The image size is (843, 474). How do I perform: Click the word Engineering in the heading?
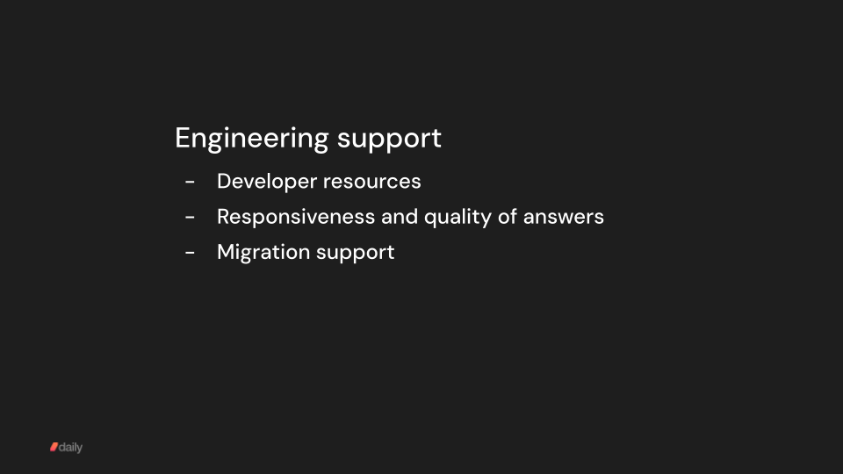(x=251, y=139)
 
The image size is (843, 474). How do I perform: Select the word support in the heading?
(x=389, y=139)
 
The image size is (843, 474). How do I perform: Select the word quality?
(x=458, y=216)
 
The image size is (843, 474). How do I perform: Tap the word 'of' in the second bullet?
(x=508, y=216)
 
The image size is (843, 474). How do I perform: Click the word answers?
(x=564, y=216)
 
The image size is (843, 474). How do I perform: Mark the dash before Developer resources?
(x=190, y=182)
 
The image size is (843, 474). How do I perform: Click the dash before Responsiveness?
(x=190, y=217)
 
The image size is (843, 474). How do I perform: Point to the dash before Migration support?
(x=190, y=253)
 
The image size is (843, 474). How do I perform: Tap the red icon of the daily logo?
(x=54, y=448)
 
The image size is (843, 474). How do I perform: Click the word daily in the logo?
(x=71, y=448)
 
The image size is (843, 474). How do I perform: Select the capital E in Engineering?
(x=182, y=138)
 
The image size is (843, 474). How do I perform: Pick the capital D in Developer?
(x=224, y=181)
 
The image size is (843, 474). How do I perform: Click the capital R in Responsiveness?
(x=224, y=216)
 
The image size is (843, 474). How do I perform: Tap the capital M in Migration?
(x=226, y=252)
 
